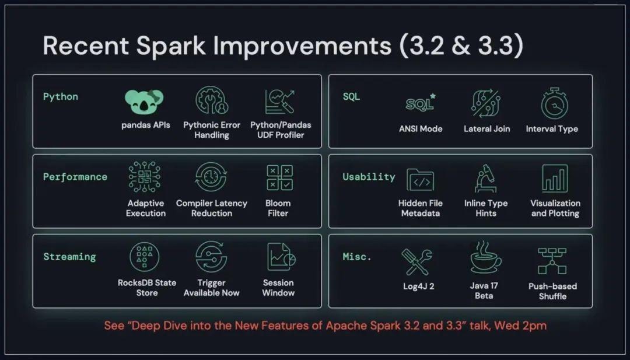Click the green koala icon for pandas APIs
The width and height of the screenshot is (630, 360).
145,102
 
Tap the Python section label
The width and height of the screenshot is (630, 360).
60,96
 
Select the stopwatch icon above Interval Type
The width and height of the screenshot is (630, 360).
551,104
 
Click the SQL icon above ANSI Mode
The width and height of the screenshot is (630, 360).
420,104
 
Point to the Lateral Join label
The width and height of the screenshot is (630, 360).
486,129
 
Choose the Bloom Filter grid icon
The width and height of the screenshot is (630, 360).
278,177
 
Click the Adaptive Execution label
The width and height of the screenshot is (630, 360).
146,208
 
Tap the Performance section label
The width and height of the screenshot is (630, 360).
75,177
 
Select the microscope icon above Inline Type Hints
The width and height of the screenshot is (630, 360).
485,178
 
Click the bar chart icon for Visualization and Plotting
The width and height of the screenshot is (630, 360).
555,178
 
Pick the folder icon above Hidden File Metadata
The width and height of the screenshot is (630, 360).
420,180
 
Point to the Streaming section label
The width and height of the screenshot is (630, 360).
69,257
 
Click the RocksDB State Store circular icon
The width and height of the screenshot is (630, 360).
145,257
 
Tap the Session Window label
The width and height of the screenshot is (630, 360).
278,288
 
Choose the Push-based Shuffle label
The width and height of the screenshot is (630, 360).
552,291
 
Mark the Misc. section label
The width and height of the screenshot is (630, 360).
357,257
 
